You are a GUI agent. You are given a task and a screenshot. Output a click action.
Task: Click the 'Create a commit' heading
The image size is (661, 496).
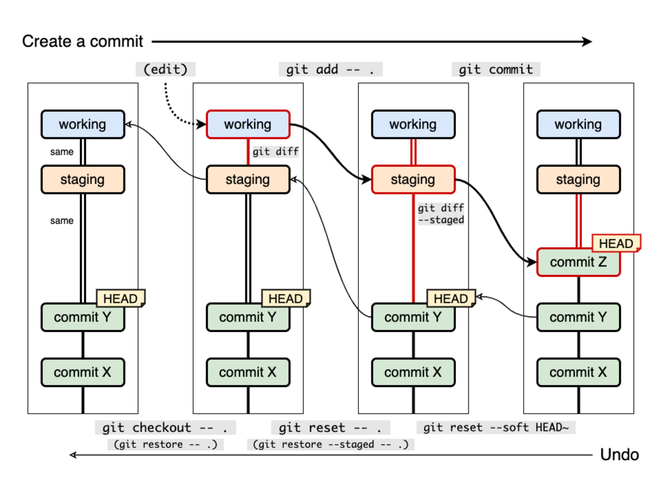pyautogui.click(x=82, y=41)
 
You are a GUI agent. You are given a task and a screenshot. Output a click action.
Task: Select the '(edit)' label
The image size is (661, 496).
pyautogui.click(x=165, y=69)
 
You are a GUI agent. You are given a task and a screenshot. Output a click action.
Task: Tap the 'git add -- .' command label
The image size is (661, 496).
pyautogui.click(x=330, y=69)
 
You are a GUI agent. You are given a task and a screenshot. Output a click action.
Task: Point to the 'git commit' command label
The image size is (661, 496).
pyautogui.click(x=496, y=69)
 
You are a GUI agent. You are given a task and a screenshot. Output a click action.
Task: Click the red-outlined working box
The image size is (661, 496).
pyautogui.click(x=248, y=124)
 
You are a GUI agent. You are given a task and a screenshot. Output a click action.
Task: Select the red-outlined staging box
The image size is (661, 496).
pyautogui.click(x=413, y=180)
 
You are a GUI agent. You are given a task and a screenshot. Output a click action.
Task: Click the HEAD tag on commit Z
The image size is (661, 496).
pyautogui.click(x=616, y=244)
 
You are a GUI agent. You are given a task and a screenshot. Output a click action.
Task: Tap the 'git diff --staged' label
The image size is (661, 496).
pyautogui.click(x=441, y=214)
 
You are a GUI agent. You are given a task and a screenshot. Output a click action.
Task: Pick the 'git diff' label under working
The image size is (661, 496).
pyautogui.click(x=276, y=152)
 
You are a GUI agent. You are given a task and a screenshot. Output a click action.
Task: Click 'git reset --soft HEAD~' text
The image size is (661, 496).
pyautogui.click(x=496, y=427)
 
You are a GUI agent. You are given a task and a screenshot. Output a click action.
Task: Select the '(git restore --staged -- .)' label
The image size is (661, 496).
pyautogui.click(x=330, y=445)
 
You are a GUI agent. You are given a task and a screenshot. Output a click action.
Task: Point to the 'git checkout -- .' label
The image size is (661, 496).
pyautogui.click(x=165, y=427)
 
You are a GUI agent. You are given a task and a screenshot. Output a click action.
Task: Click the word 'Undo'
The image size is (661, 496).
pyautogui.click(x=619, y=454)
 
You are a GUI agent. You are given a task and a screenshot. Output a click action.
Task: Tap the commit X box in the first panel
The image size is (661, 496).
pyautogui.click(x=82, y=372)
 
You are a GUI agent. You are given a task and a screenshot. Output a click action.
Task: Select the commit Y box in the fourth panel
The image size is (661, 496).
pyautogui.click(x=578, y=317)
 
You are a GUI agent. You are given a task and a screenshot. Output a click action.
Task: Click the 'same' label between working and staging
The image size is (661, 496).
pyautogui.click(x=62, y=152)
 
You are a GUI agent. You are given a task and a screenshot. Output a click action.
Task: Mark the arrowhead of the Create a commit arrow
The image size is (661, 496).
pyautogui.click(x=588, y=41)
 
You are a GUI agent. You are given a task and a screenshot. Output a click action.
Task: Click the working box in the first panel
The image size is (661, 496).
pyautogui.click(x=82, y=124)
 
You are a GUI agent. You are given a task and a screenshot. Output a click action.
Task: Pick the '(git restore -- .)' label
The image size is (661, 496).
pyautogui.click(x=165, y=445)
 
